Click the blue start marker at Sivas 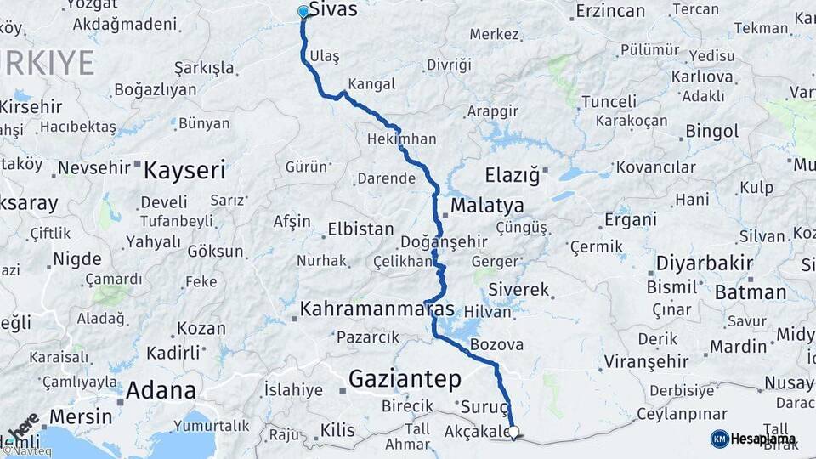pos(303,12)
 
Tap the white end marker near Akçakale pos(513,433)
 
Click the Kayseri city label pos(184,170)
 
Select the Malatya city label pos(487,205)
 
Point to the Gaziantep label pos(405,377)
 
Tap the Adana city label pos(161,391)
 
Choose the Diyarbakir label pos(705,263)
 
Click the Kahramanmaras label pos(377,308)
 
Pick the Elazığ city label pos(512,176)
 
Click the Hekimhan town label pos(402,139)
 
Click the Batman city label pos(751,292)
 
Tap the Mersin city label pos(80,416)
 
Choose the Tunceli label pos(609,101)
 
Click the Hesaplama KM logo pos(754,439)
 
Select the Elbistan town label pos(362,229)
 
